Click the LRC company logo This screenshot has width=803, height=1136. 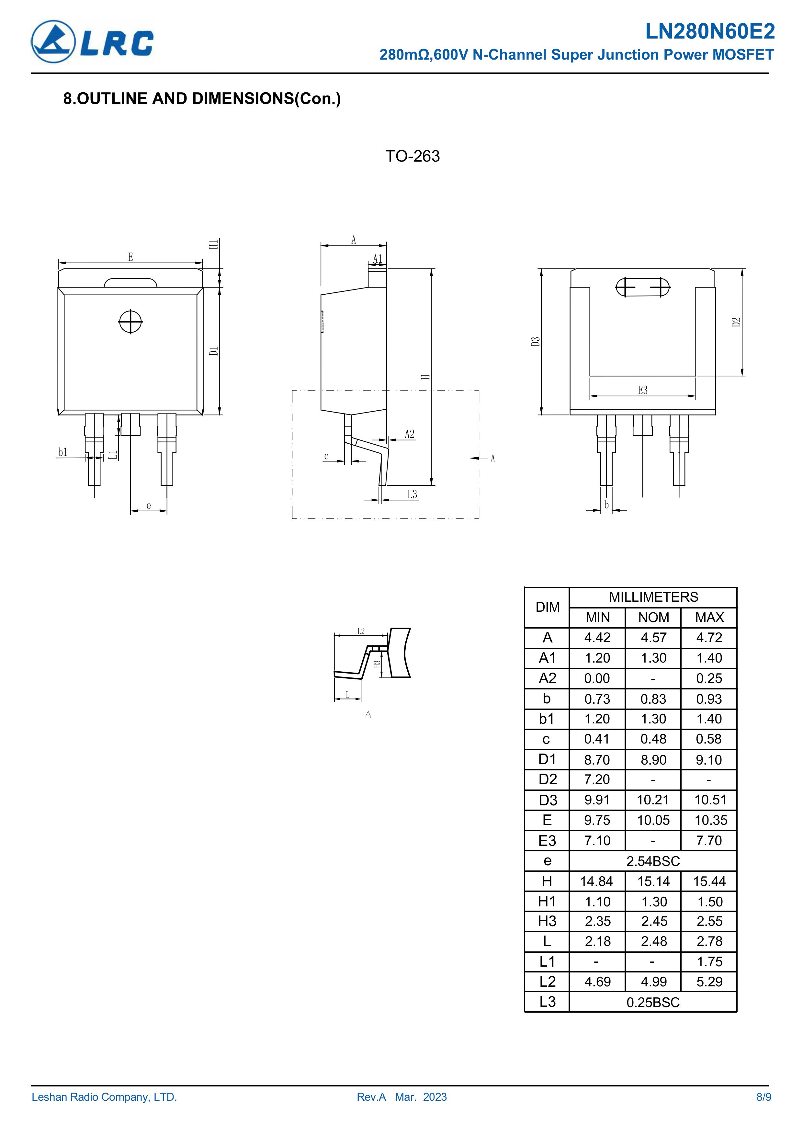(x=93, y=41)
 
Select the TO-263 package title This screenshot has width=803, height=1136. (x=412, y=156)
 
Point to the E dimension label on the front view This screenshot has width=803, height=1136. (x=130, y=257)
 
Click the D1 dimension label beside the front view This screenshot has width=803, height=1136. (x=213, y=350)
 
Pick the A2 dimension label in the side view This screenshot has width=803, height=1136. (x=409, y=434)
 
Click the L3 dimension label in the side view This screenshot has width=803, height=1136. (x=412, y=494)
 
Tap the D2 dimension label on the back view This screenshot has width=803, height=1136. (x=736, y=322)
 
